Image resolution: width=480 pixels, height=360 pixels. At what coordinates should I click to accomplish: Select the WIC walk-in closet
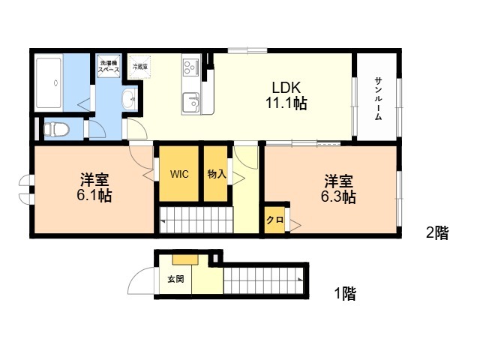coord(178,173)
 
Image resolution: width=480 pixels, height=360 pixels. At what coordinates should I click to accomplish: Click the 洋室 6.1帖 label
coord(94,188)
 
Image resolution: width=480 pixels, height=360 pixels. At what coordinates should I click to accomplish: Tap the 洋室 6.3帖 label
coord(339,188)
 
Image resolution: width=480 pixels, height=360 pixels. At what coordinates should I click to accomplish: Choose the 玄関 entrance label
coord(175,279)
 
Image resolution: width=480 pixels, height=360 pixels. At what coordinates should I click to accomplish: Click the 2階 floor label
coord(437,233)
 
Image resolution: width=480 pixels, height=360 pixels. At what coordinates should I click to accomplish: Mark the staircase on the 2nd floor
coord(196,221)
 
